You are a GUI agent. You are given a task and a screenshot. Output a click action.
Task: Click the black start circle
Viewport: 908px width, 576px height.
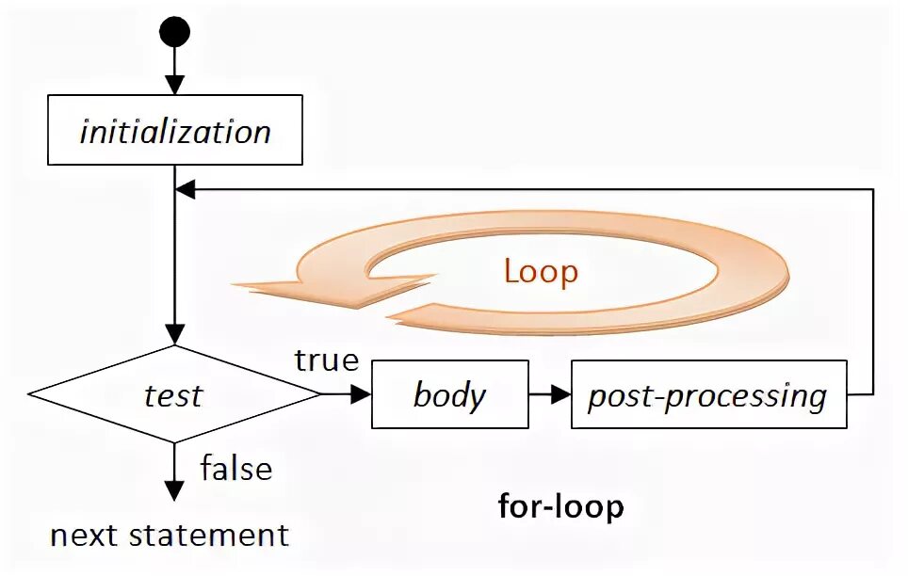pyautogui.click(x=174, y=32)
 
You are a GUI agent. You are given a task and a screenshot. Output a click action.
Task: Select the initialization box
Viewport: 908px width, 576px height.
pyautogui.click(x=174, y=130)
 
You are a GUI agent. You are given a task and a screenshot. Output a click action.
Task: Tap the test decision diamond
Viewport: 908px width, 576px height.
pyautogui.click(x=174, y=395)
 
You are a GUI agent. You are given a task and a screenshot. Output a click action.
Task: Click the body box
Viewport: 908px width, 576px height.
pyautogui.click(x=449, y=395)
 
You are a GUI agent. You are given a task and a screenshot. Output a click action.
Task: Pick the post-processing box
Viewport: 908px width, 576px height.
pyautogui.click(x=708, y=395)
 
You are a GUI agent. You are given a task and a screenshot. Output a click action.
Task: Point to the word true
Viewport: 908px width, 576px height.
pyautogui.click(x=327, y=360)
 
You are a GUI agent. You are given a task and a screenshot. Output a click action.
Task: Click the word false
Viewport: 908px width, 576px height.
pyautogui.click(x=235, y=468)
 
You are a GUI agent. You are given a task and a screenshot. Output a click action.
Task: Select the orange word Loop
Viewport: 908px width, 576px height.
pyautogui.click(x=541, y=272)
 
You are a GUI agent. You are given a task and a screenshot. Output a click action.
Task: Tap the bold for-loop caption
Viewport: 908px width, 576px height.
pyautogui.click(x=560, y=507)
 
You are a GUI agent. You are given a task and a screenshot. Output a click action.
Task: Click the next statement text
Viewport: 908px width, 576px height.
pyautogui.click(x=170, y=536)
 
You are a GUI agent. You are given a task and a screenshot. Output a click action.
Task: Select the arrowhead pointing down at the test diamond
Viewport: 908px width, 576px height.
pyautogui.click(x=174, y=333)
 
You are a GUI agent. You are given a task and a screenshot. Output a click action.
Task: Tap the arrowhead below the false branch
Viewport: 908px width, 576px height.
pyautogui.click(x=174, y=490)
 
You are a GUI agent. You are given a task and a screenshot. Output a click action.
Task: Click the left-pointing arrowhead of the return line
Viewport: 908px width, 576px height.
pyautogui.click(x=186, y=189)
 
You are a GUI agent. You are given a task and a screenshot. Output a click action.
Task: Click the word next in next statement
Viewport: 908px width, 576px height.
pyautogui.click(x=84, y=536)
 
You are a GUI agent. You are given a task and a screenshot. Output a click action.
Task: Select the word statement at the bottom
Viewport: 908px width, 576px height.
pyautogui.click(x=208, y=536)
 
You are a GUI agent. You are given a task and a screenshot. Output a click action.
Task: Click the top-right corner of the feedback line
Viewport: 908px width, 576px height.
pyautogui.click(x=873, y=189)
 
